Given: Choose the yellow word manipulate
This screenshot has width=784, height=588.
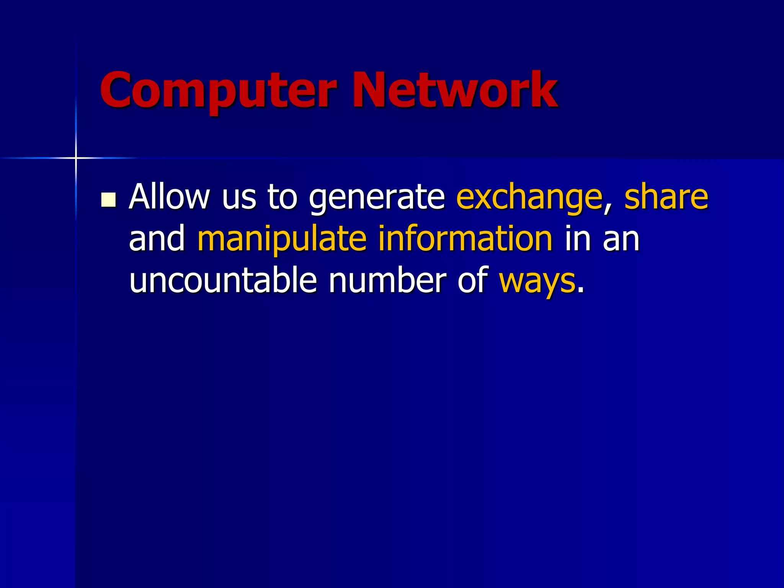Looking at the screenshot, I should coord(282,240).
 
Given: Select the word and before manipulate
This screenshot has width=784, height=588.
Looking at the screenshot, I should coord(157,239).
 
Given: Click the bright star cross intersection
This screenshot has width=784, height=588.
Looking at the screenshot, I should coord(76,158).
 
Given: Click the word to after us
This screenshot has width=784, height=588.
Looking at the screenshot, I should coord(283,198).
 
